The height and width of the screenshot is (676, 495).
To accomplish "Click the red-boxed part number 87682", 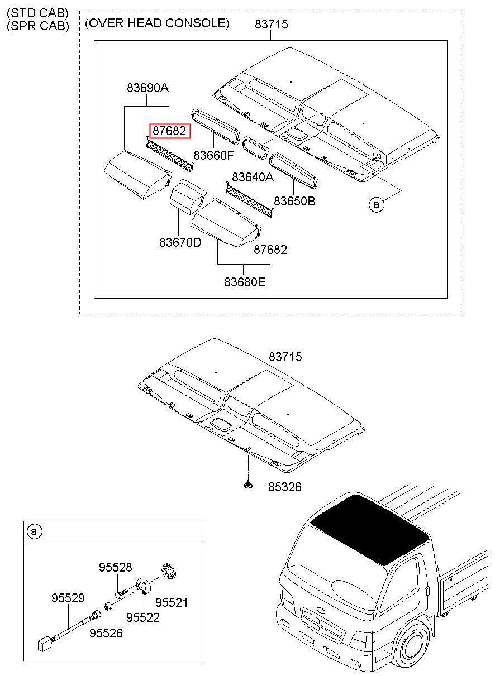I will pos(170,131).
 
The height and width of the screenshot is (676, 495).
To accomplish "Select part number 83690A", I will pos(147,88).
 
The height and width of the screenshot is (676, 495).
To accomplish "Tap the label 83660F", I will pos(213,155).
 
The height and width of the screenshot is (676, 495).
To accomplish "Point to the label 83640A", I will pos(253,178).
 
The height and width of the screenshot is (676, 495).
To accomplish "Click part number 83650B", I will pos(294,201).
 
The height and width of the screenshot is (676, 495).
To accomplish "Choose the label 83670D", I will pos(180,243).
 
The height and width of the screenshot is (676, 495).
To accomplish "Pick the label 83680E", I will pos(245,282).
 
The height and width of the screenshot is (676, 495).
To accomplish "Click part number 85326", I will pos(284,487).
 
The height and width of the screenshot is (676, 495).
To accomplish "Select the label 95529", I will pos(68,598).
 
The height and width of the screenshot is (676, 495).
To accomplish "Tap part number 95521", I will pos(172,602).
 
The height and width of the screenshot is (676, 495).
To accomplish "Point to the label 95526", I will pos(106,633).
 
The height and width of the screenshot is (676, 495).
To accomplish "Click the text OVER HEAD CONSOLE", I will pos(157,23).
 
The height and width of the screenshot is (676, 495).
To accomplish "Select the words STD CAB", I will pos(37,12).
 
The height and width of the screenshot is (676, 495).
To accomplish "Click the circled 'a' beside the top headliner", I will pos(376,205).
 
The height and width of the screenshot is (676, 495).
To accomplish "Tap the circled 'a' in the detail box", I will pos(34,532).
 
